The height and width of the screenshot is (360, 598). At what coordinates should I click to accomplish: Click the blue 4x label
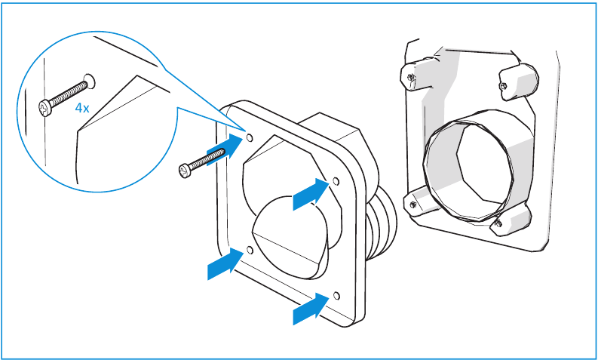point(82,108)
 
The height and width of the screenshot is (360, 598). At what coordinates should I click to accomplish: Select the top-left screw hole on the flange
point(250,137)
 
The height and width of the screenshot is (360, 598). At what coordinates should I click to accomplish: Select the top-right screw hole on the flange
point(336,180)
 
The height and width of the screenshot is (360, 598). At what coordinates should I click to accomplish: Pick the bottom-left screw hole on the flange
point(250,250)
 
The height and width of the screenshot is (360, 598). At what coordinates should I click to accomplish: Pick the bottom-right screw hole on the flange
point(336,296)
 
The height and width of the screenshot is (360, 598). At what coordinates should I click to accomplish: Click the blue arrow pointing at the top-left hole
point(225,149)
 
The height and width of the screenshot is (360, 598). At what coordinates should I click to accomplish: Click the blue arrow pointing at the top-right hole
point(311,194)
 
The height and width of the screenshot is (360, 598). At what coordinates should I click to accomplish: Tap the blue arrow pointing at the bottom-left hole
point(225,263)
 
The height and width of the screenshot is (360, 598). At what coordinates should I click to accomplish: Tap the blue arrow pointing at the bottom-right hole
point(311,309)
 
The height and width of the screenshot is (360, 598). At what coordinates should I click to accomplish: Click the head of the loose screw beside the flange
point(185,171)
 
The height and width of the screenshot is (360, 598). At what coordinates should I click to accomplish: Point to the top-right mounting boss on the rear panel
point(519,82)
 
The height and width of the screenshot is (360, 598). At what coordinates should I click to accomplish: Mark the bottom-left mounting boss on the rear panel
point(419,203)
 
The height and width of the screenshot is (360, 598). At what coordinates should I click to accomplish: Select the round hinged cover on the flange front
point(290,237)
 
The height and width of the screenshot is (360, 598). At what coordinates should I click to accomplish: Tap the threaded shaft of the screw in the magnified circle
point(67,94)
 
